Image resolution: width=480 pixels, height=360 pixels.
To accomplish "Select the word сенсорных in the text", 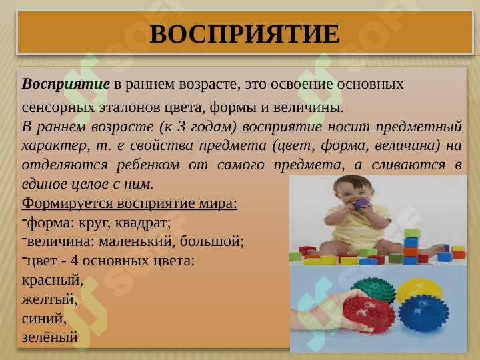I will (55, 107).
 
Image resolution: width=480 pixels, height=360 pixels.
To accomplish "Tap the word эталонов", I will (122, 107).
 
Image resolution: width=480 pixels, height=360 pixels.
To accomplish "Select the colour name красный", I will (52, 280).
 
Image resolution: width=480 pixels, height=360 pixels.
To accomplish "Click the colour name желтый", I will (49, 299).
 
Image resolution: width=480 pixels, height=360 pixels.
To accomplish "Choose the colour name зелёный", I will (50, 338).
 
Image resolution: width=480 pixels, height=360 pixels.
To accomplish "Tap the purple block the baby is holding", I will (361, 204).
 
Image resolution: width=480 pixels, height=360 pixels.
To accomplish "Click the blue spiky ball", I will (423, 313).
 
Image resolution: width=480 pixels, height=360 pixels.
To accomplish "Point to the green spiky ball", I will (373, 289).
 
